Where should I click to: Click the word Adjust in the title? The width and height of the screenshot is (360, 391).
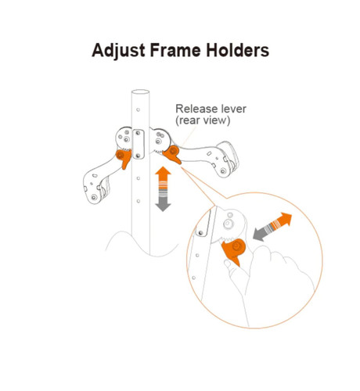[x=118, y=51]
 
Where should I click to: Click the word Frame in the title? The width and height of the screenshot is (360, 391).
[x=175, y=50]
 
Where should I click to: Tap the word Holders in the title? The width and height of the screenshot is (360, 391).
[x=237, y=50]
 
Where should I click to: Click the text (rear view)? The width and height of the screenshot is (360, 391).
[x=203, y=120]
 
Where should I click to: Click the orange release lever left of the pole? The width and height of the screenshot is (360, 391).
[x=124, y=158]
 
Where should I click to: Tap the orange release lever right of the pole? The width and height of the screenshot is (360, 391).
[x=172, y=154]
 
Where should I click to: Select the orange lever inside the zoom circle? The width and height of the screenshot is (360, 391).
[x=234, y=251]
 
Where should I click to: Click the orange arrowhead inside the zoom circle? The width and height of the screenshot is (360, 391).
[x=284, y=219]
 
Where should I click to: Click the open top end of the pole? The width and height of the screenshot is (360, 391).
[x=140, y=91]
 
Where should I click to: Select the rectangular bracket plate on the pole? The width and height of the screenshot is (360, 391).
[x=139, y=144]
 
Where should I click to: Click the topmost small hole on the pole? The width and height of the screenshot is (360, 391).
[x=139, y=109]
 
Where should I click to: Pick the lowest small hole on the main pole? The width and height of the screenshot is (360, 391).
[x=139, y=201]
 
